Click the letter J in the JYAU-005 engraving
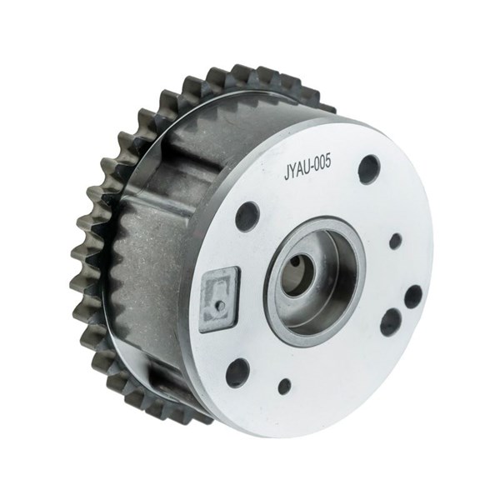287,172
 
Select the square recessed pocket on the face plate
219,299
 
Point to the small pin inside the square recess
221,306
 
